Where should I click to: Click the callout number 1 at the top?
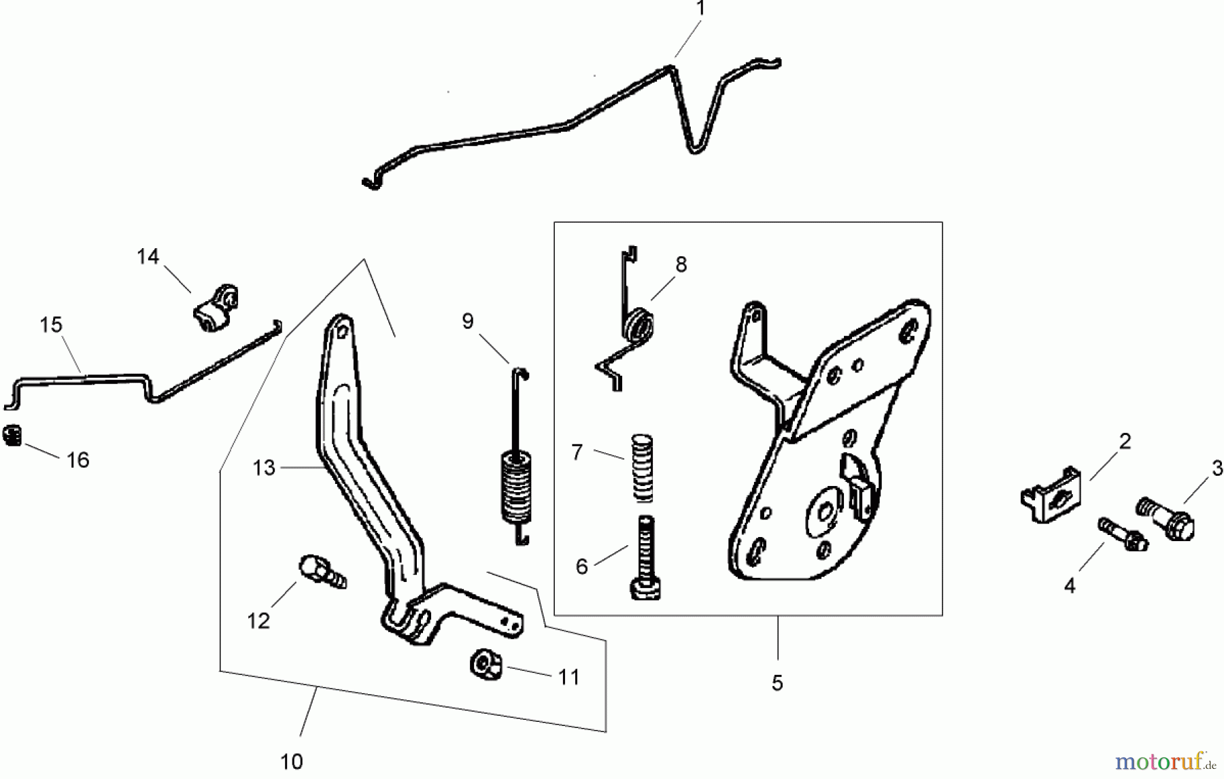pos(700,10)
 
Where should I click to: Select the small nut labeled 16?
pos(13,436)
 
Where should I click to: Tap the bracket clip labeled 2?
pos(1053,494)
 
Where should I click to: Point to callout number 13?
pos(264,468)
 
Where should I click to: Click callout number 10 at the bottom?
pos(291,761)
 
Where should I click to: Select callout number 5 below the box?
pos(777,682)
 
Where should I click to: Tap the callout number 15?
pos(51,325)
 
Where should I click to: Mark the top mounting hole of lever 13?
pos(342,330)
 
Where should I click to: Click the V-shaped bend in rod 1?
pos(694,147)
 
